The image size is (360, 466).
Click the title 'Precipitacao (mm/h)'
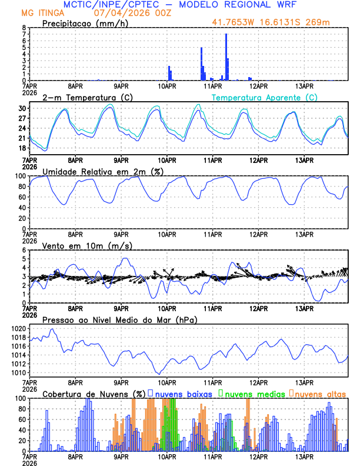[x=82, y=23]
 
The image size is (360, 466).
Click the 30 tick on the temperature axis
[x=22, y=108]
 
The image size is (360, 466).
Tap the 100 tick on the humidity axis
[x=20, y=176]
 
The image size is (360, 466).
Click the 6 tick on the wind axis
[x=24, y=250]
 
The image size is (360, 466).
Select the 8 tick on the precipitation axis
[x=24, y=28]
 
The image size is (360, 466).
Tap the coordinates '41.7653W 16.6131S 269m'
[x=272, y=23]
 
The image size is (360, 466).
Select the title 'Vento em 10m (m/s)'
[x=87, y=245]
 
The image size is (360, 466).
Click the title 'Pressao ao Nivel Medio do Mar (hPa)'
[x=119, y=319]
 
